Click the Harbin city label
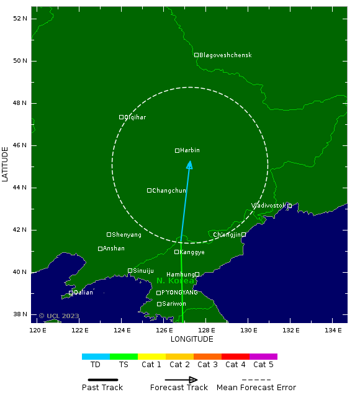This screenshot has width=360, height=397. [x=190, y=150]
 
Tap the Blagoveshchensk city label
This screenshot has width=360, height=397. [x=225, y=55]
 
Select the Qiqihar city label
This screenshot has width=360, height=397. [x=135, y=117]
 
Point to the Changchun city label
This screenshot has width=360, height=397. [x=169, y=191]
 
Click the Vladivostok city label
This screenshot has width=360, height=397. [x=269, y=206]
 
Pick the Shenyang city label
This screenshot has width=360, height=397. [x=127, y=235]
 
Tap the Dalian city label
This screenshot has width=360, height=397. [x=83, y=293]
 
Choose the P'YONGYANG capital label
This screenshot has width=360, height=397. [x=180, y=293]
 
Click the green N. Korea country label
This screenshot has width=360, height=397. [x=176, y=281]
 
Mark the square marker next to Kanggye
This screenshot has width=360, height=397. [x=176, y=252]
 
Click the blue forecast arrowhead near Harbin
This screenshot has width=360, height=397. [x=189, y=165]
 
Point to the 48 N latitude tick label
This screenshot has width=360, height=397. [x=20, y=103]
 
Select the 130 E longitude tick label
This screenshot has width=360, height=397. [x=248, y=330]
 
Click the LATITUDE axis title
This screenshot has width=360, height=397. [x=6, y=163]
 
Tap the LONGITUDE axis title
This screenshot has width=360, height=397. [x=192, y=339]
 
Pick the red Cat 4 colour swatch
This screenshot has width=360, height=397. [x=235, y=357]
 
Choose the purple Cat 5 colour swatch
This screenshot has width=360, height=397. [x=263, y=357]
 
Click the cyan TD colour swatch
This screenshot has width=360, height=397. [x=96, y=357]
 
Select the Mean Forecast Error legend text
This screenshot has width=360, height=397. [x=256, y=388]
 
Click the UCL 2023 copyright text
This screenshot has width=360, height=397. [x=59, y=316]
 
